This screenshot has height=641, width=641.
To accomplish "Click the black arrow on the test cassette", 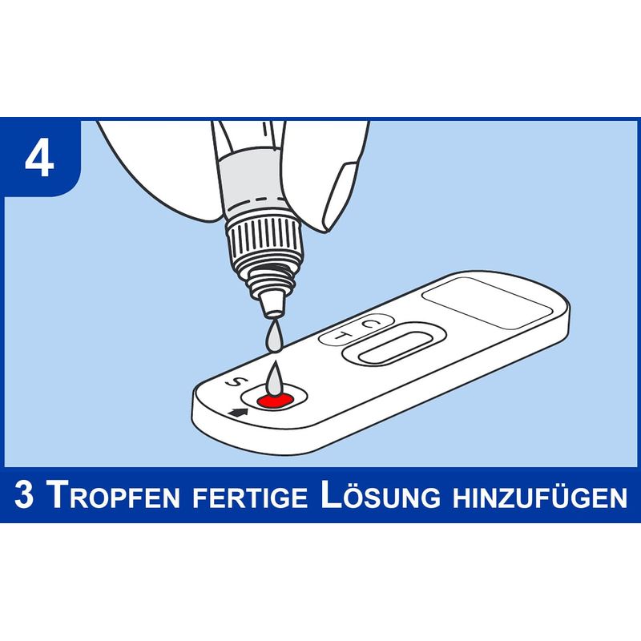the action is click(239, 413).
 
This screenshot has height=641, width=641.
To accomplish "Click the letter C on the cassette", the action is click(370, 324).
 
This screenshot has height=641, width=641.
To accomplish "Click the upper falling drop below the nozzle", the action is click(273, 337).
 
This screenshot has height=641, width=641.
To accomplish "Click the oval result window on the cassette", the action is click(394, 347).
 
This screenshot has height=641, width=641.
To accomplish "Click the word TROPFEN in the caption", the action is click(113, 495).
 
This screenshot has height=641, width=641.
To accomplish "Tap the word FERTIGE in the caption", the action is click(250, 497).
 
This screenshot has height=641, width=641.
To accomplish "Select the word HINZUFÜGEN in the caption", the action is click(539, 496).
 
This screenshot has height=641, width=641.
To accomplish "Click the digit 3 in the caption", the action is click(24, 494).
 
